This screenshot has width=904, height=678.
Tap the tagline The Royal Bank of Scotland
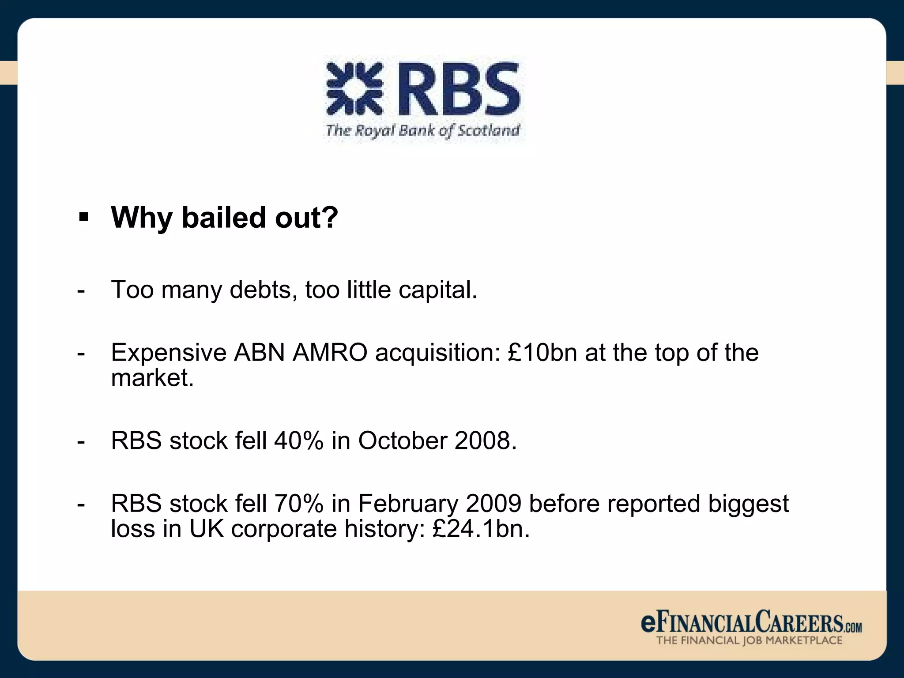[x=422, y=131]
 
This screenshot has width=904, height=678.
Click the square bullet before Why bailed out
[x=83, y=217]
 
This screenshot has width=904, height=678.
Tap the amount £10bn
[x=542, y=353]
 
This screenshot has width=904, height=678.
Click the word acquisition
[x=437, y=353]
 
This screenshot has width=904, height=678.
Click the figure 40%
[x=299, y=441]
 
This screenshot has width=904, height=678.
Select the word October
[x=403, y=441]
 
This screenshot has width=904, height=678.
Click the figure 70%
[x=299, y=504]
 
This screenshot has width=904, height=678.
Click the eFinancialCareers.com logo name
[x=750, y=622]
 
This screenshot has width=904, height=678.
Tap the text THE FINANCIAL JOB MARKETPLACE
[x=749, y=640]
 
